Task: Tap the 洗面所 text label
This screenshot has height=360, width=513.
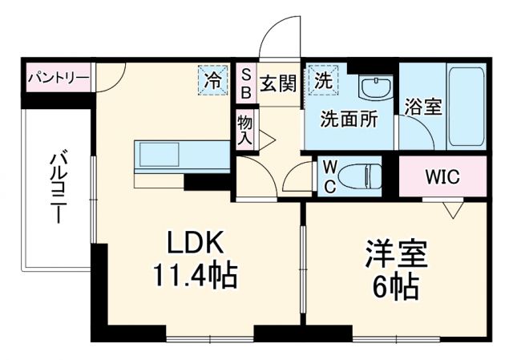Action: (x=349, y=119)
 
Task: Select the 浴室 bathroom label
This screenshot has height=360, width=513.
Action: (x=422, y=107)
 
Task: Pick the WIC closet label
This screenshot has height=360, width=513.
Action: (x=442, y=176)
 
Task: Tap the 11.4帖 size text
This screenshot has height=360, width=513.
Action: (x=195, y=276)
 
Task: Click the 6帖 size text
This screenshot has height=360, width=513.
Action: (x=395, y=286)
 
